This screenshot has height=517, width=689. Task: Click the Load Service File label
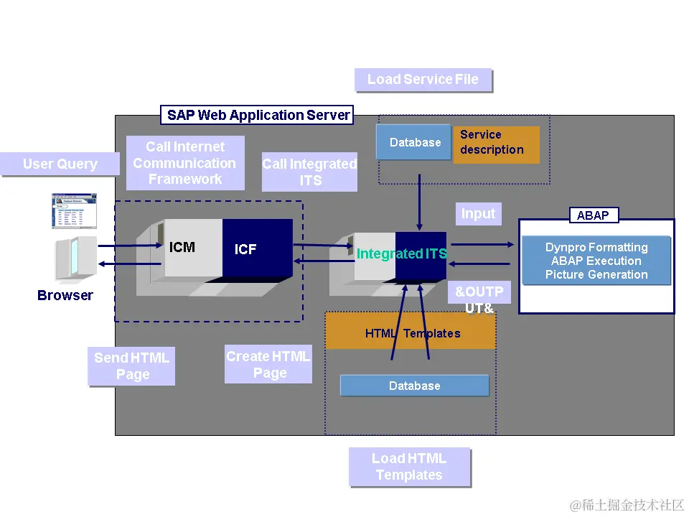pos(423,80)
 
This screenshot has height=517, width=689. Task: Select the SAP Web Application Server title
pos(258,115)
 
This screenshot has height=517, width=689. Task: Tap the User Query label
pos(60,164)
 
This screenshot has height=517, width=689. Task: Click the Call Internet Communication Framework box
pos(185,163)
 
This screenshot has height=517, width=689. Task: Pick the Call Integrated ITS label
pos(309,172)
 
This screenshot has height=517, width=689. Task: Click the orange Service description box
pos(495,143)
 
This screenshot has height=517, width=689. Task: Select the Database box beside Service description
pos(414,142)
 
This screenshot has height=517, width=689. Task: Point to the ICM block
pos(182,248)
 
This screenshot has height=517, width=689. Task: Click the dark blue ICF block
pos(256,249)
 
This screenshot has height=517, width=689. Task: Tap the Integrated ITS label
pos(402,253)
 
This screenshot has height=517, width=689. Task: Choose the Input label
pos(478,214)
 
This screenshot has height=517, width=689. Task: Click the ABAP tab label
pos(593,215)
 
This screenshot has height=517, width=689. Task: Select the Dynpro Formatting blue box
pos(596,261)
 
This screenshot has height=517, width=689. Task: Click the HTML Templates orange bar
pos(411,333)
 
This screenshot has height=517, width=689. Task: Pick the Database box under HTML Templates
pos(414,386)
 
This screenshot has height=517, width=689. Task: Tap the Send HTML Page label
pos(132,366)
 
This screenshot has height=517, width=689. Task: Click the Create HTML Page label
pos(268,365)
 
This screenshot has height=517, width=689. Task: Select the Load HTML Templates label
pos(409,467)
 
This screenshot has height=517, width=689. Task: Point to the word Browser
pos(65,295)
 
